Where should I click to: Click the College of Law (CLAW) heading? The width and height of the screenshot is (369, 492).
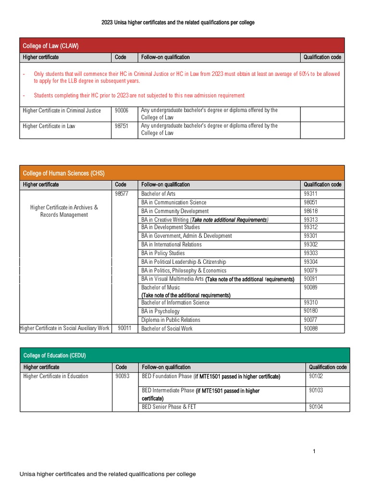(50, 46)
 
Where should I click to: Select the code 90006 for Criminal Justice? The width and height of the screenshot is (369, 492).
(122, 111)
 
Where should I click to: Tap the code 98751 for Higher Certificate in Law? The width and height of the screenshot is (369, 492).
(122, 126)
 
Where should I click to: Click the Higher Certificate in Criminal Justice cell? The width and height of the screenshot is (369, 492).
(62, 111)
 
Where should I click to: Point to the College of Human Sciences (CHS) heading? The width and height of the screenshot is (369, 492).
(63, 173)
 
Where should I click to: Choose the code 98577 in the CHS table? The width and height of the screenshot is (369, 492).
(122, 194)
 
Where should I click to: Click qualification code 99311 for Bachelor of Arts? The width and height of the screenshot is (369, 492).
(311, 194)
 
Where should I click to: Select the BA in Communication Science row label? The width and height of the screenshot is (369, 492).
(173, 202)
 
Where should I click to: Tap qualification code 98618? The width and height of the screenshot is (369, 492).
(311, 211)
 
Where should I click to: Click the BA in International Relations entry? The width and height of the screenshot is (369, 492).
(171, 245)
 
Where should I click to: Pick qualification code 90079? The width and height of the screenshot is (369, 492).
(311, 271)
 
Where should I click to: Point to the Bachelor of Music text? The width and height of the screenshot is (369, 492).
(160, 287)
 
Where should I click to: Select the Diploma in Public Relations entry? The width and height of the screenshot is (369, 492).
(171, 320)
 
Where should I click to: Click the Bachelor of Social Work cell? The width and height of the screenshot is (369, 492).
(167, 329)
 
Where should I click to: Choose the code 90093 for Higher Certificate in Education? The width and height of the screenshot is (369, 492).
(123, 376)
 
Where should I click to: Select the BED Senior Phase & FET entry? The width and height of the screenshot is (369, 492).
(169, 407)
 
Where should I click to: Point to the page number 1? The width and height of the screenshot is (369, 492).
(313, 451)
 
